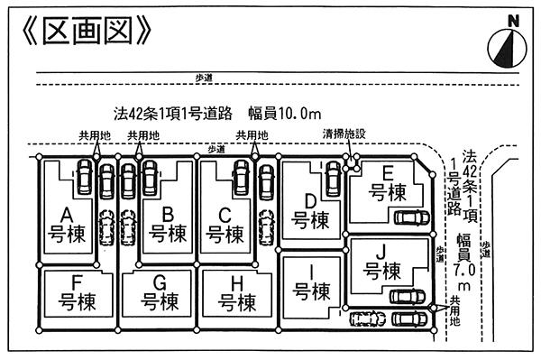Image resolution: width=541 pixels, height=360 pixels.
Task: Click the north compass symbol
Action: click(x=509, y=42)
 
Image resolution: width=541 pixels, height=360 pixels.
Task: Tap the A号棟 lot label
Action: click(x=67, y=225)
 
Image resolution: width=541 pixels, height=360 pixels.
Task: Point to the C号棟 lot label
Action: click(x=225, y=225)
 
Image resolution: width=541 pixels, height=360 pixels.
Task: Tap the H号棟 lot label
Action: click(x=238, y=291)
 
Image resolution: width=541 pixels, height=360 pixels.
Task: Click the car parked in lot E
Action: click(x=412, y=217)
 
